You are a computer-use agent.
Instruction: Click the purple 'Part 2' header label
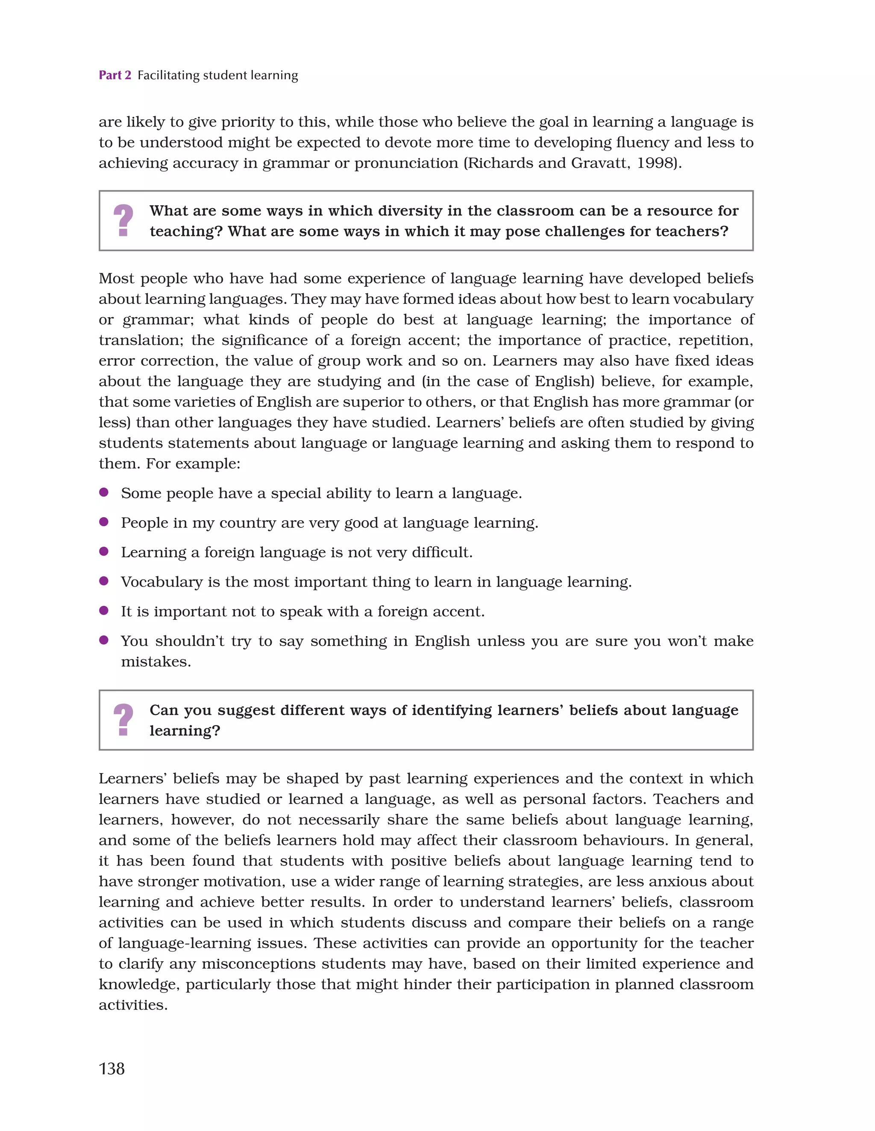pos(115,75)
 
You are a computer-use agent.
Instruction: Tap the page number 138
pos(112,1068)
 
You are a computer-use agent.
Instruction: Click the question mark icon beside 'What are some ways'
pos(123,221)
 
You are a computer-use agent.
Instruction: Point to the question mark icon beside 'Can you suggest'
pos(123,720)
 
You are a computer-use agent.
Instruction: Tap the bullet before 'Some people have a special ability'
pos(103,492)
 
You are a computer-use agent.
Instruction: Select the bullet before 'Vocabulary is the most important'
pos(103,581)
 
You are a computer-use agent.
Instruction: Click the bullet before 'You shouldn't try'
pos(103,640)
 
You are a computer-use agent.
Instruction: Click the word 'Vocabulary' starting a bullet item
pos(161,582)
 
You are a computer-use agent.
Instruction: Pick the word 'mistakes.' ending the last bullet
pos(156,662)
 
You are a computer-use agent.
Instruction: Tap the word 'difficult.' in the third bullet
pos(442,553)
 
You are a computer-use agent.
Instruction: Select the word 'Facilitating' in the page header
pos(168,76)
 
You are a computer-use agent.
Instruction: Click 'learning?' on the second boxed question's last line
pos(185,730)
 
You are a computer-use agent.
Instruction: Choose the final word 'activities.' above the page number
pos(133,1005)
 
